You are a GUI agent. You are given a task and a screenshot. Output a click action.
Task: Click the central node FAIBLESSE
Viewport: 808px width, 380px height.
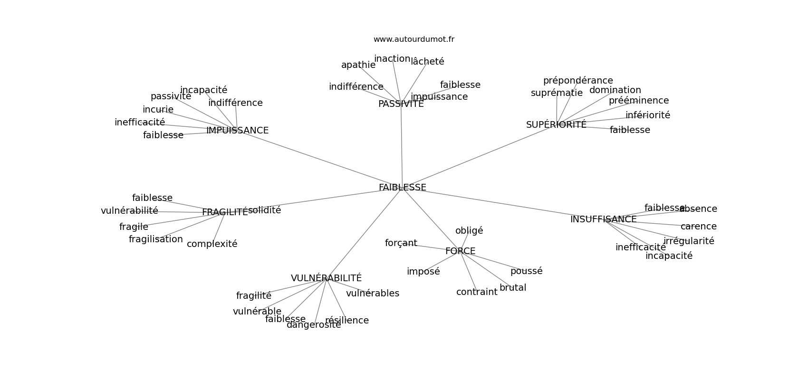point(402,188)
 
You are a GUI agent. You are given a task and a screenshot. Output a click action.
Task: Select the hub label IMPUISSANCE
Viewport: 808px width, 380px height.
point(237,131)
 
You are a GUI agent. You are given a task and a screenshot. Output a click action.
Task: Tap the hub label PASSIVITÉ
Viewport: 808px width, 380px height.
point(401,104)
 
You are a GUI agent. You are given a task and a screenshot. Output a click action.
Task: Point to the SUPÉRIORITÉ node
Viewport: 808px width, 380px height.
point(556,125)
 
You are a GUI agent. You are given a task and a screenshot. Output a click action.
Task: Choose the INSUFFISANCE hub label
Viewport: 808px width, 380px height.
point(603,219)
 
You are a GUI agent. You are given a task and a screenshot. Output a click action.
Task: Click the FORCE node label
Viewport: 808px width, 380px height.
point(460,251)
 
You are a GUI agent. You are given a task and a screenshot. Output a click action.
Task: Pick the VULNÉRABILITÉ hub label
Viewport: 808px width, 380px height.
point(326,278)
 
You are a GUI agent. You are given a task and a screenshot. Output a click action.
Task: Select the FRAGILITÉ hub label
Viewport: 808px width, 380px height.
point(225,212)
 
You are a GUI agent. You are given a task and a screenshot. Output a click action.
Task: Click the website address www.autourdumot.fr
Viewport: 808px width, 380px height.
point(414,39)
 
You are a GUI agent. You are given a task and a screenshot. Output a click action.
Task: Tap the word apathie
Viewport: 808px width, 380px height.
point(358,65)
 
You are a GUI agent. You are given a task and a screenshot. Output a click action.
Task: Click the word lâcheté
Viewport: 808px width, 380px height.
point(427,61)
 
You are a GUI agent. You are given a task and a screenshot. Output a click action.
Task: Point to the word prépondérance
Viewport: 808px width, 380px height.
point(578,81)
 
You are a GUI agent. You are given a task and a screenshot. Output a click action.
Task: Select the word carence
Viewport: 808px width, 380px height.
point(698,227)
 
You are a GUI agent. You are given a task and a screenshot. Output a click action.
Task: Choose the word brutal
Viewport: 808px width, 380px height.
point(512,288)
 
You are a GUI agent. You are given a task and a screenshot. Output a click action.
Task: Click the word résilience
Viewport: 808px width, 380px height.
point(347,321)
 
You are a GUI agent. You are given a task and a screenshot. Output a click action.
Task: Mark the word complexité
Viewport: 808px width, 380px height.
point(212,244)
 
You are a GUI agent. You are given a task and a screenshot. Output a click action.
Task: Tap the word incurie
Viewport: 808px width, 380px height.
point(158,110)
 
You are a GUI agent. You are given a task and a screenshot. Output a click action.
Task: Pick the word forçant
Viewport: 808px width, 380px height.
point(401,243)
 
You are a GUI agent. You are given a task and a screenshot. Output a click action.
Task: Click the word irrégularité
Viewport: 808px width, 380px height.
point(689,241)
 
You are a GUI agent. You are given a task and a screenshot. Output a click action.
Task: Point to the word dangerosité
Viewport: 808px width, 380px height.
point(314,325)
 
